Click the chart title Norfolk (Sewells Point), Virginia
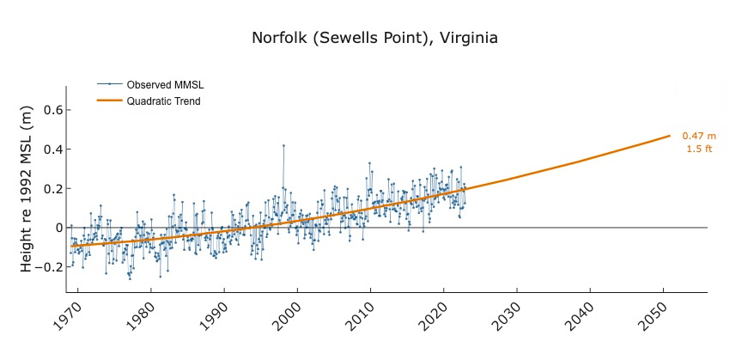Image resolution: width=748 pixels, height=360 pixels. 374,39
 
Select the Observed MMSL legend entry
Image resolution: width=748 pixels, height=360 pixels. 165,85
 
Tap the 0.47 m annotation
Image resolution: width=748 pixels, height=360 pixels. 699,137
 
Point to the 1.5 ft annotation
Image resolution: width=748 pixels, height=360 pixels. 699,149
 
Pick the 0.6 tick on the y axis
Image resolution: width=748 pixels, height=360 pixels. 52,110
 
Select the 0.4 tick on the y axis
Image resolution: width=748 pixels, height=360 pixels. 52,149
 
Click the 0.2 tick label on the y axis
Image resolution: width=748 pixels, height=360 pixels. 52,188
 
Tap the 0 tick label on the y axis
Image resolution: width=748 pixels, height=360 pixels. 58,228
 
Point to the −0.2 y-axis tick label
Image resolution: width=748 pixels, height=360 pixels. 49,266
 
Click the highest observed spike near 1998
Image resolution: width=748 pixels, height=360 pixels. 283,145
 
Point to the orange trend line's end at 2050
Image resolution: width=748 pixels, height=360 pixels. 669,136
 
